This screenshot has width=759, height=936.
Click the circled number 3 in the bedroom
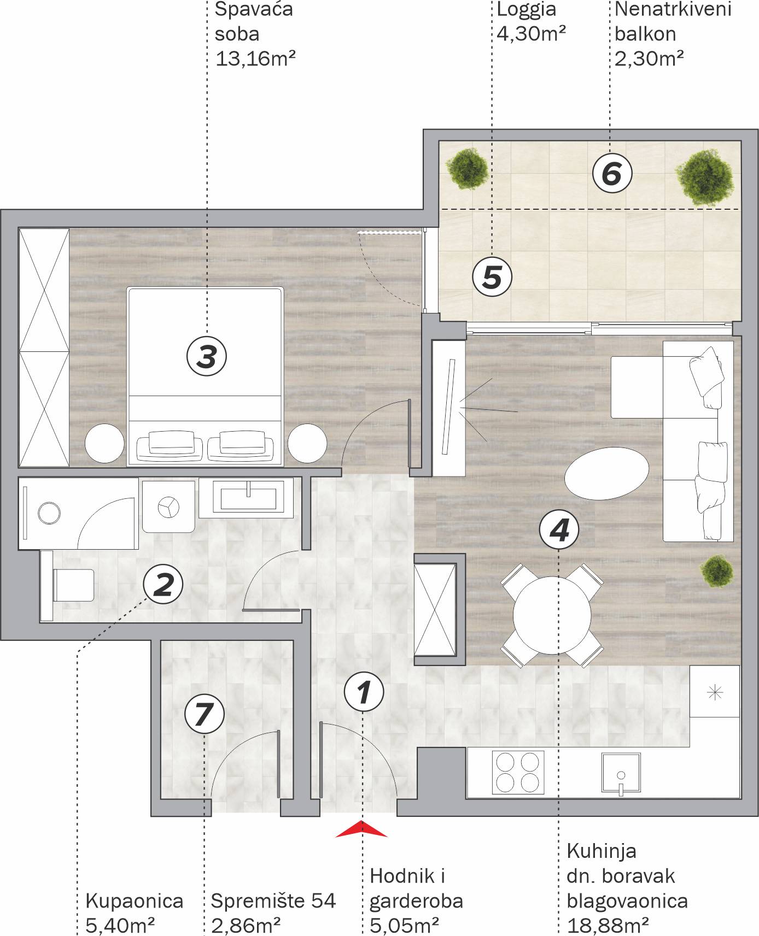tap(207, 356)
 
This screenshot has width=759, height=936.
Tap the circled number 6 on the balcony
tap(612, 174)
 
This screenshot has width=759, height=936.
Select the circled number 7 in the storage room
tap(204, 714)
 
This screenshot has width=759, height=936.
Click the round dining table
tap(552, 615)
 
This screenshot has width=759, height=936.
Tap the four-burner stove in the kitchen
tap(518, 772)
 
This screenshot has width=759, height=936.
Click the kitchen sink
tap(621, 772)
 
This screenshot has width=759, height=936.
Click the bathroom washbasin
tap(248, 497)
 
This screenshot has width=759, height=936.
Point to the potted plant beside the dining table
tap(716, 571)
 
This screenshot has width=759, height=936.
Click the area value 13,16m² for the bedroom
tap(255, 58)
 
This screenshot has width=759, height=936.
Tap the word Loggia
tap(526, 9)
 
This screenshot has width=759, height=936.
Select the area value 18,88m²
tap(608, 926)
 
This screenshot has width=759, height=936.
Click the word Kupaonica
tap(134, 901)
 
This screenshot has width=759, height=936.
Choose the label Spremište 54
tap(273, 901)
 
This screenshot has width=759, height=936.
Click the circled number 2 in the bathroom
tap(163, 584)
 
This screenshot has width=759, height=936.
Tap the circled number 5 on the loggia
tap(492, 276)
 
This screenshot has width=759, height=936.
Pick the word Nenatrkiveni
tap(673, 9)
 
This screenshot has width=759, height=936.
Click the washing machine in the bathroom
tap(168, 507)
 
